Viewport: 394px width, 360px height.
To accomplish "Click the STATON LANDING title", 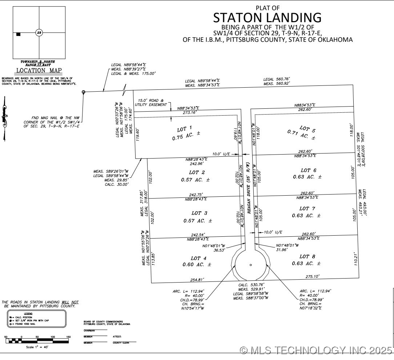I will coord(267,17).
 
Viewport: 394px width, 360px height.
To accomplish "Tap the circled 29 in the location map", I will coord(39,33).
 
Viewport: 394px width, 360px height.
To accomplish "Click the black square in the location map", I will coord(18,34).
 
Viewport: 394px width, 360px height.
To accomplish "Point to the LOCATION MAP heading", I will coord(39,71).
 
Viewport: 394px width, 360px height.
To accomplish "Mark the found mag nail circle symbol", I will coord(84,92).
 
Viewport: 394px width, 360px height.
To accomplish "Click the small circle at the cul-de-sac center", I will coord(250,265).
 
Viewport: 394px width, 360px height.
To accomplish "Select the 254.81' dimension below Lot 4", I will coord(196,280).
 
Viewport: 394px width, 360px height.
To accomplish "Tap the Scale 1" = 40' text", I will coord(37,347).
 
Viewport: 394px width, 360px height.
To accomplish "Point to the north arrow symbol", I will coord(4,118).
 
